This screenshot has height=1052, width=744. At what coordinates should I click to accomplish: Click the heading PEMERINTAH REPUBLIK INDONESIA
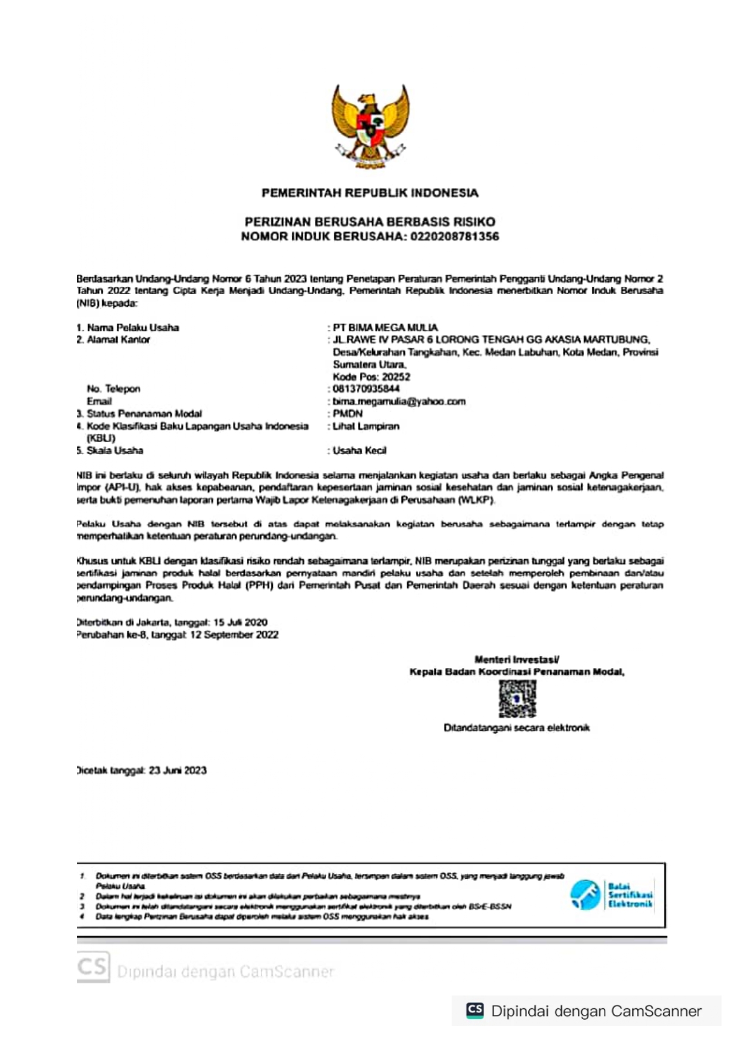370,193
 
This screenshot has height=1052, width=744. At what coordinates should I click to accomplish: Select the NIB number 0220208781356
454,236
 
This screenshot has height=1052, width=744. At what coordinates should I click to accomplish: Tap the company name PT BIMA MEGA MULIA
385,328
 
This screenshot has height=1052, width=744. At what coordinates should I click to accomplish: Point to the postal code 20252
396,377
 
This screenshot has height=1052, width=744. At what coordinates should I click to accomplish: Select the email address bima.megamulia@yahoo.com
399,402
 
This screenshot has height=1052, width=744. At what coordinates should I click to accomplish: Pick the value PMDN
348,414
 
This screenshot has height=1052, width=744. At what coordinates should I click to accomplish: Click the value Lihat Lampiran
366,427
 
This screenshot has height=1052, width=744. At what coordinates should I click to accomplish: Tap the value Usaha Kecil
359,451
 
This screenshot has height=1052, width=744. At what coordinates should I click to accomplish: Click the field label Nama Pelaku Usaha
133,328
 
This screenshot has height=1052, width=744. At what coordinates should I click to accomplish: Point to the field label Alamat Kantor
118,340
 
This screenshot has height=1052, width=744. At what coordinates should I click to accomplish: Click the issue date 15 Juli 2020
240,622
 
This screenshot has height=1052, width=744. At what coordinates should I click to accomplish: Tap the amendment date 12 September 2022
234,635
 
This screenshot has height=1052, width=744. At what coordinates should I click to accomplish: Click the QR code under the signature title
517,699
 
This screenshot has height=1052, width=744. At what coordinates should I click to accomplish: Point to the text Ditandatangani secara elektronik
516,728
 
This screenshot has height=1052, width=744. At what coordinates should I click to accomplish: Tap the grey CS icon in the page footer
93,967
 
